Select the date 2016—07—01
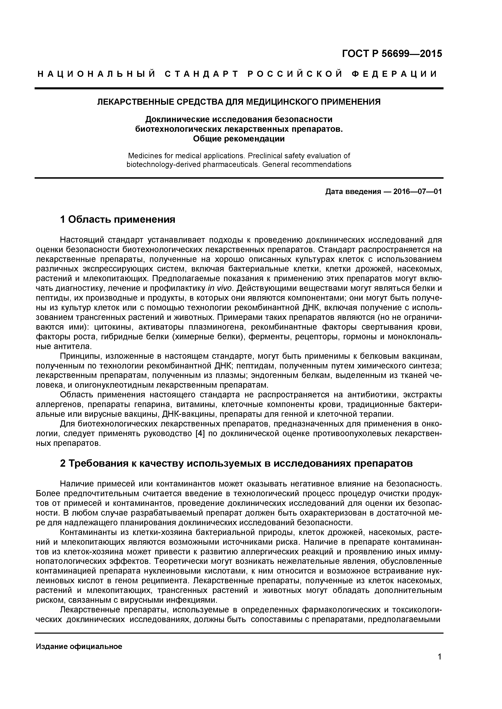[417, 192]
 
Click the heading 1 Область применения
[118, 219]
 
